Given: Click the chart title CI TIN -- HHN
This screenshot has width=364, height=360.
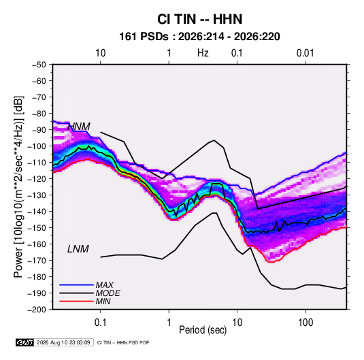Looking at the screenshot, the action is pyautogui.click(x=199, y=19).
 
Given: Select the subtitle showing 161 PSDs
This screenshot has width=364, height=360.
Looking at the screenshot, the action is pyautogui.click(x=199, y=37).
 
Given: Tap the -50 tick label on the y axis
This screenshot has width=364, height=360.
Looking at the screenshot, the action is pyautogui.click(x=39, y=65).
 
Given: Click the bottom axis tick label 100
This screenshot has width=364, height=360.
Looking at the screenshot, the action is pyautogui.click(x=305, y=323).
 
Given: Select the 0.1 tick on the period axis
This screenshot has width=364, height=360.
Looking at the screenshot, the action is pyautogui.click(x=100, y=323).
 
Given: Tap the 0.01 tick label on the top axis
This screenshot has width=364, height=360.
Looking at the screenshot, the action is pyautogui.click(x=305, y=53).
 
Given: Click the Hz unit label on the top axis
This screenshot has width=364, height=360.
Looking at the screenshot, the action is pyautogui.click(x=203, y=53).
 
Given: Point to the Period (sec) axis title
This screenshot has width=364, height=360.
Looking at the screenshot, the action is pyautogui.click(x=203, y=330).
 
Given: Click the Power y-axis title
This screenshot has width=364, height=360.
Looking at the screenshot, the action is pyautogui.click(x=18, y=186).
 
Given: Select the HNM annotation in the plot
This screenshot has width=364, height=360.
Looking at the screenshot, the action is pyautogui.click(x=79, y=127).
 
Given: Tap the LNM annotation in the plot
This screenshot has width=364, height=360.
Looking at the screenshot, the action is pyautogui.click(x=78, y=249).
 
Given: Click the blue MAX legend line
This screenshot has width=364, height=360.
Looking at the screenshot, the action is pyautogui.click(x=76, y=284).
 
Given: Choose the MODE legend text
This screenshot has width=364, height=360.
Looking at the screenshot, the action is pyautogui.click(x=107, y=293).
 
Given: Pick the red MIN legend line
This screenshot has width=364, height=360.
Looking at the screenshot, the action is pyautogui.click(x=76, y=301).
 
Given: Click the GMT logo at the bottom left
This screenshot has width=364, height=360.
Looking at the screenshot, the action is pyautogui.click(x=24, y=342).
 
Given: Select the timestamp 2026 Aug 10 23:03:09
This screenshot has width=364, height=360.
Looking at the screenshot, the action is pyautogui.click(x=63, y=342).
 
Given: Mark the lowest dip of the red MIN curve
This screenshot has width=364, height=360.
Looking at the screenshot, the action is pyautogui.click(x=271, y=262).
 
